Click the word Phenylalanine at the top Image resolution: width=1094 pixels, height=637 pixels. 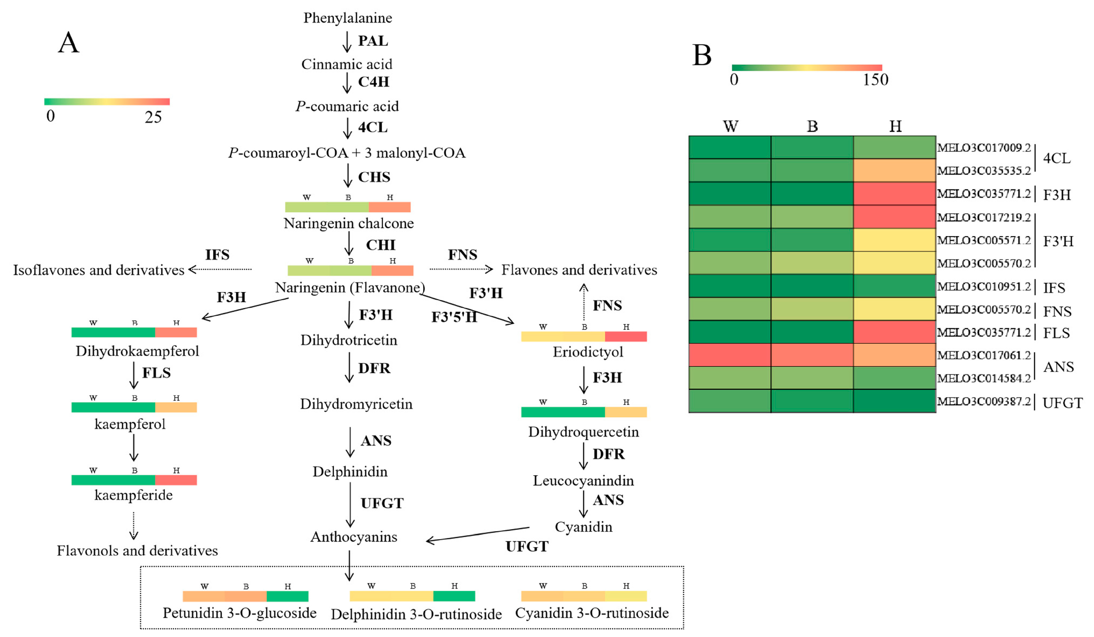[347, 18]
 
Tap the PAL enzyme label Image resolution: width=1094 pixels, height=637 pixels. [372, 41]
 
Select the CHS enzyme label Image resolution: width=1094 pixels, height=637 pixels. [374, 177]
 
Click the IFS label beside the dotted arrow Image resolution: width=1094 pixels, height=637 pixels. [217, 255]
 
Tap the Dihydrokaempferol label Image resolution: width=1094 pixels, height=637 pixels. [137, 351]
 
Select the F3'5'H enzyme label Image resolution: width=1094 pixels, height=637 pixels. [454, 317]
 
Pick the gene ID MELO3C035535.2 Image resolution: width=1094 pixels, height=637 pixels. [984, 170]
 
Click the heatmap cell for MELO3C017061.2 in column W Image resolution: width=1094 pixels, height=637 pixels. [729, 355]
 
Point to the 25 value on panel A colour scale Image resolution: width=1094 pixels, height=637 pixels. [153, 117]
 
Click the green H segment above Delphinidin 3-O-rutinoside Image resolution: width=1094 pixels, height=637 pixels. [454, 596]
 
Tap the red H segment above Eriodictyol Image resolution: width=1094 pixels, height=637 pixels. [626, 336]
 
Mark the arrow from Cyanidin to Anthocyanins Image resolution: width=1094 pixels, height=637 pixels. [478, 534]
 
